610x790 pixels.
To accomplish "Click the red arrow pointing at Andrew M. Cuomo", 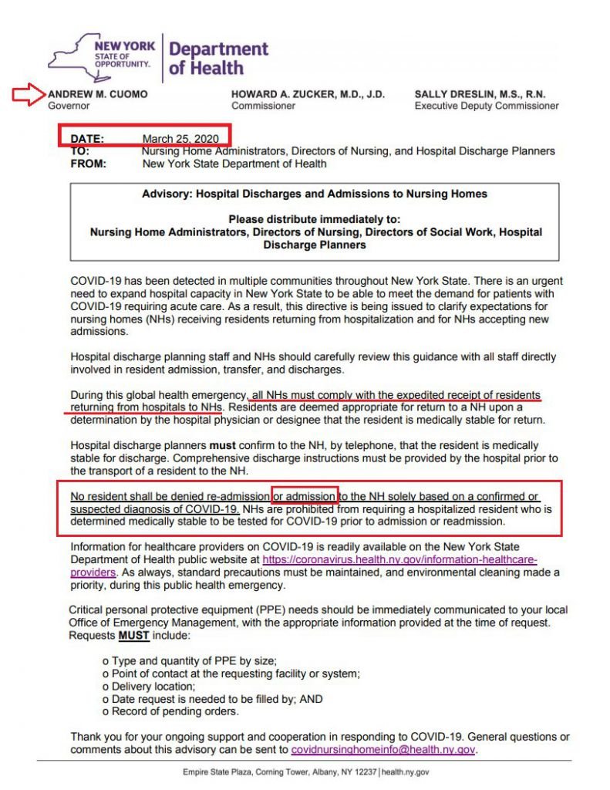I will point(28,95).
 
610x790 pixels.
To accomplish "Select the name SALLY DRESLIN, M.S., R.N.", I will point(480,94).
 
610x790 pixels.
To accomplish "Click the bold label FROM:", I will point(87,164).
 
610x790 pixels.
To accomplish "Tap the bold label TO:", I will point(79,151).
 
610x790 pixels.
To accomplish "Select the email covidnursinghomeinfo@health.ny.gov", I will point(383,749).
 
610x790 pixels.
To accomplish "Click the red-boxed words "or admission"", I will point(305,496).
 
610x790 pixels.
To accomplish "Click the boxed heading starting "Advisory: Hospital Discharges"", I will point(315,194).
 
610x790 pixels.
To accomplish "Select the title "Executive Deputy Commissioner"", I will point(486,106).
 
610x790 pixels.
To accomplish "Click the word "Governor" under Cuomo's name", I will point(69,106).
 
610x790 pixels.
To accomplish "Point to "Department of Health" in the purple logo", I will point(217,59).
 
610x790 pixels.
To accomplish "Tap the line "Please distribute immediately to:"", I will point(315,219).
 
